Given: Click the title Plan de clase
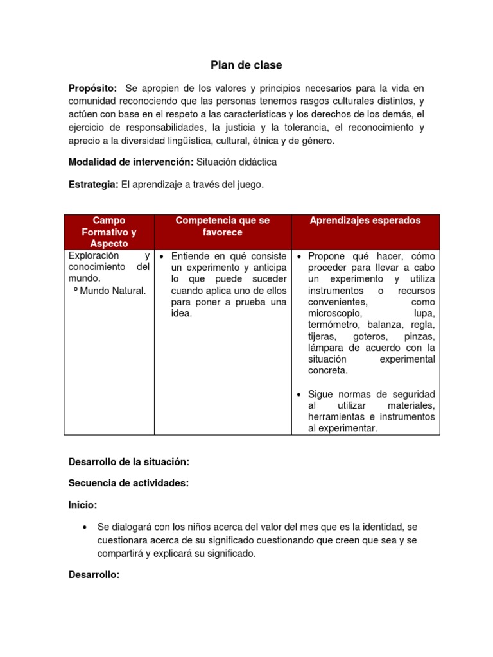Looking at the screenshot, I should [246, 65].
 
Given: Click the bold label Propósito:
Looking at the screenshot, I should [93, 88].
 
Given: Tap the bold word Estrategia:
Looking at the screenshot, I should [94, 185].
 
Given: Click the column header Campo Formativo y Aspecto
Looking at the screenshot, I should [109, 232].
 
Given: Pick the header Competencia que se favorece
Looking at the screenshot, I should [223, 226].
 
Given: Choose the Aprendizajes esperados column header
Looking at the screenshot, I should [365, 220].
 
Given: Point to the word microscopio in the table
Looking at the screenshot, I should [334, 313].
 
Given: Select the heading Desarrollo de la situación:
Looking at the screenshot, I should [129, 461].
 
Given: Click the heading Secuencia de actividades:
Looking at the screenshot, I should [128, 483].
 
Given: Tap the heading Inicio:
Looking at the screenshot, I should [83, 505].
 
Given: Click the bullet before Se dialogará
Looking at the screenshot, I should [85, 527].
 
